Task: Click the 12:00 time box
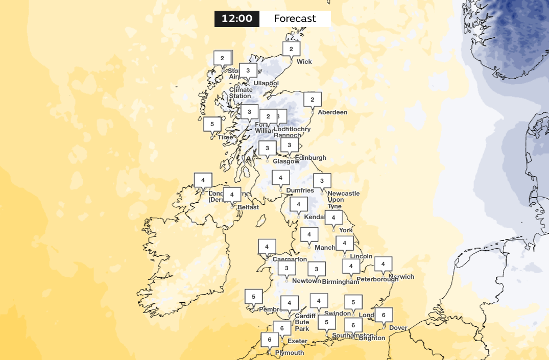237,19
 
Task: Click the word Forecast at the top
295,19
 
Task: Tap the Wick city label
304,62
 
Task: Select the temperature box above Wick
291,49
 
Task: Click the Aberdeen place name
332,112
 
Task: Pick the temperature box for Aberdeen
313,99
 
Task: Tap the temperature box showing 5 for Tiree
212,124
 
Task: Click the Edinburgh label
309,158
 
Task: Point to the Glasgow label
286,161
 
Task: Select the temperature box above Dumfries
280,178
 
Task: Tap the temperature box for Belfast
232,195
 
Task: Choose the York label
346,230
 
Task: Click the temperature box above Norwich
383,264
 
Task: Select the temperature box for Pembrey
253,296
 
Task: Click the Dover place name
398,328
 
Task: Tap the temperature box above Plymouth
269,340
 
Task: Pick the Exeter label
297,341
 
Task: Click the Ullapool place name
266,83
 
